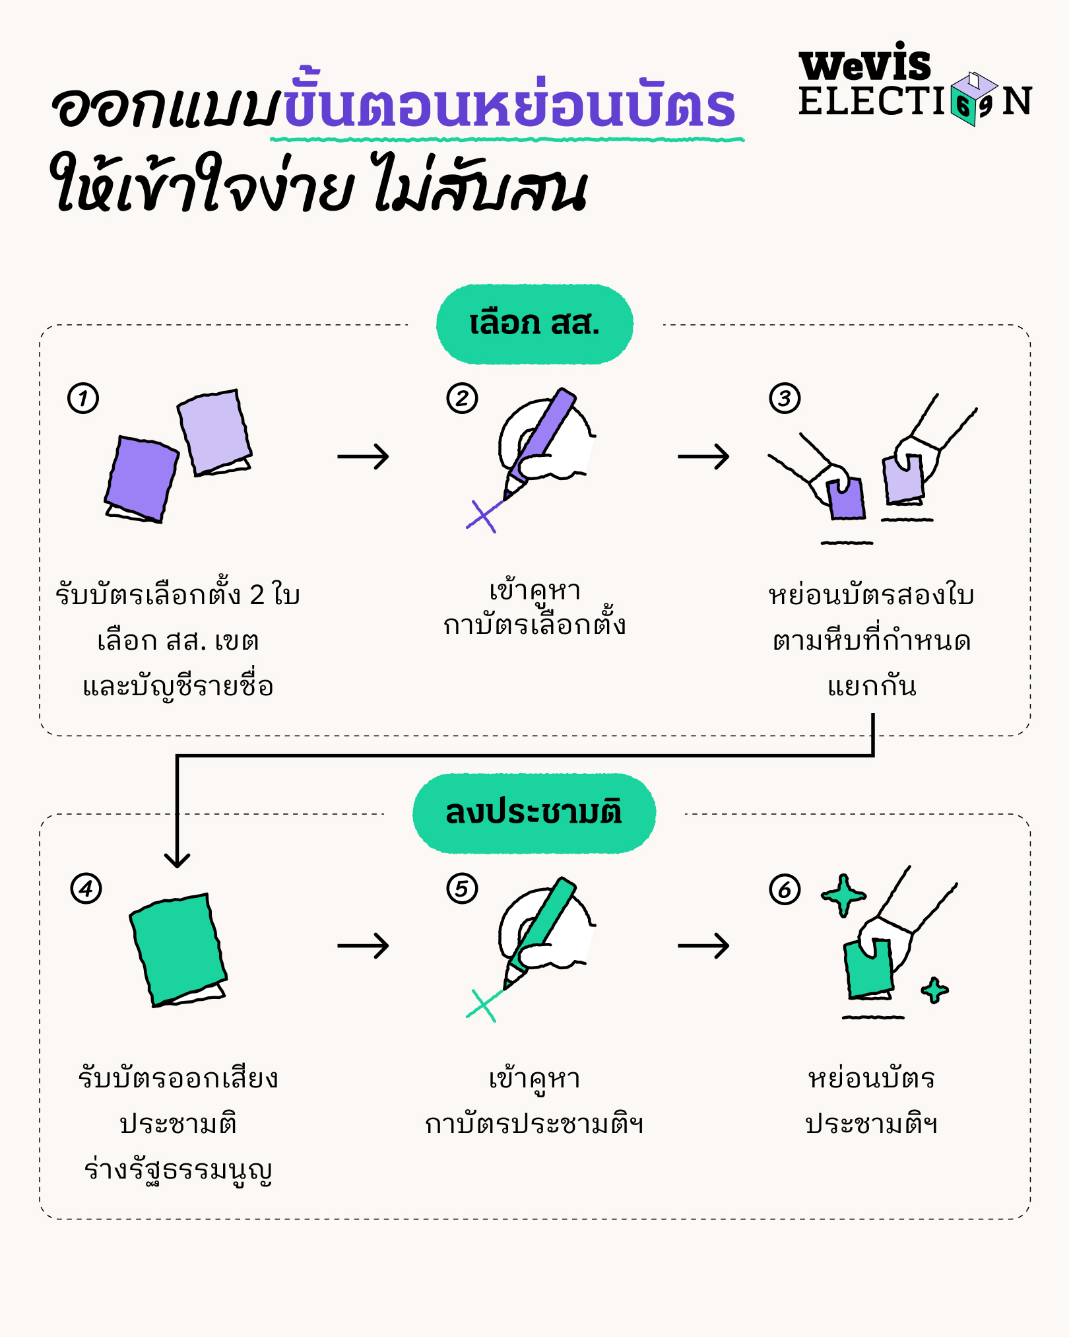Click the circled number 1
[x=83, y=398]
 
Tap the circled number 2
[x=462, y=398]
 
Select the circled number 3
[x=785, y=398]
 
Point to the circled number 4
[x=86, y=889]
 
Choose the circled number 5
[x=462, y=889]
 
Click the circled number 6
[x=785, y=889]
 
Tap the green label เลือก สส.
[x=534, y=324]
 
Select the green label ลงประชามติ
[x=534, y=813]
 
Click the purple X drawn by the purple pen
[x=483, y=516]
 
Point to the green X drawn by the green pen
[x=483, y=1006]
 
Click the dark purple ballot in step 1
[x=142, y=477]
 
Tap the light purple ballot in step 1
[x=214, y=430]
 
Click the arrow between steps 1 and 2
[x=363, y=456]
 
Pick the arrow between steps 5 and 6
[x=703, y=945]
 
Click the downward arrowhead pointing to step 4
[x=177, y=860]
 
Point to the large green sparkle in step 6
[x=843, y=895]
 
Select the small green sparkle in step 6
[x=934, y=990]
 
